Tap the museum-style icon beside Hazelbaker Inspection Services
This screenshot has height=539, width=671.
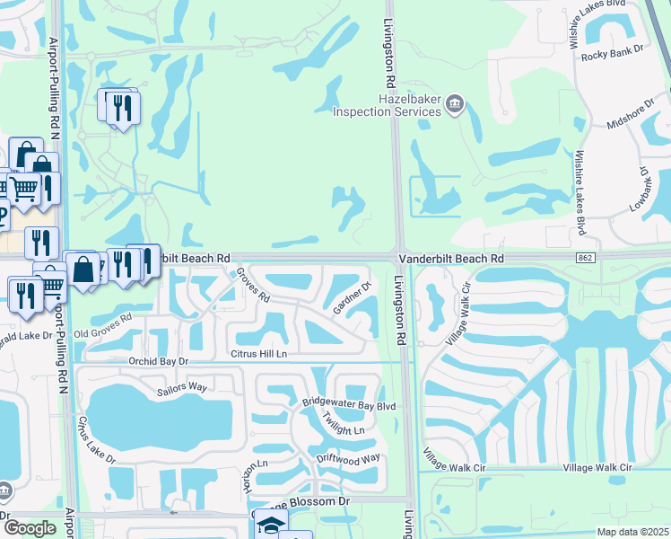[x=455, y=106]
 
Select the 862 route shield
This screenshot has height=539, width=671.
[x=584, y=258]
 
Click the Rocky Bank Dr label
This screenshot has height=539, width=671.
[x=613, y=55]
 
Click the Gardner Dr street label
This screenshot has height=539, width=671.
[x=353, y=299]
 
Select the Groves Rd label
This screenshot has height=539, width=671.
[x=253, y=288]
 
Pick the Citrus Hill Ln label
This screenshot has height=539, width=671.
[x=258, y=354]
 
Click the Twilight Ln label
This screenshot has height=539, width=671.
[x=344, y=425]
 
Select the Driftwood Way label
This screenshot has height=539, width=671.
[x=348, y=459]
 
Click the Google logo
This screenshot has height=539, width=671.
[x=30, y=528]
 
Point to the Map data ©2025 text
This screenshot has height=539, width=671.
[x=632, y=532]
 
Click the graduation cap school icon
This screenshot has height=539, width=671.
[x=268, y=524]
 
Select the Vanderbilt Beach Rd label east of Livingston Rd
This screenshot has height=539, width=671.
[x=451, y=258]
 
